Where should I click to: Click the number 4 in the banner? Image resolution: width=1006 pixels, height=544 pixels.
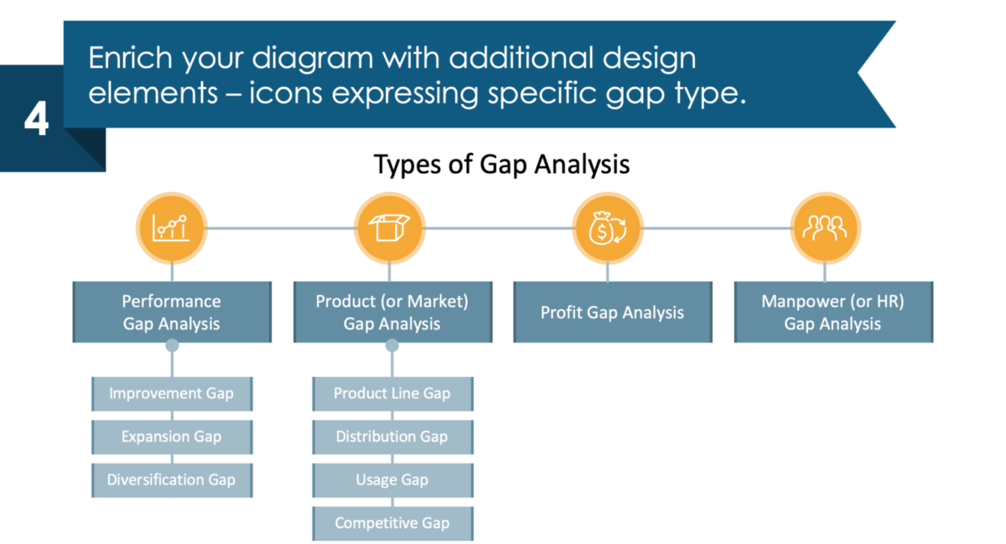click(x=36, y=121)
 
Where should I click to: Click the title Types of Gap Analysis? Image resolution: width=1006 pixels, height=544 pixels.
click(x=501, y=164)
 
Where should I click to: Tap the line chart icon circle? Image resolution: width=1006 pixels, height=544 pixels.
click(x=171, y=228)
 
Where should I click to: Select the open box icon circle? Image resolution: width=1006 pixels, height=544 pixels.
click(x=390, y=228)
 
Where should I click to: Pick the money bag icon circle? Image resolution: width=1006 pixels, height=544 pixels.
click(x=607, y=228)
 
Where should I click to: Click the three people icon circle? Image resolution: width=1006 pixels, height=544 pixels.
click(x=825, y=228)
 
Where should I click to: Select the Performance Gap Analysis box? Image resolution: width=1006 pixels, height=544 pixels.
click(x=172, y=312)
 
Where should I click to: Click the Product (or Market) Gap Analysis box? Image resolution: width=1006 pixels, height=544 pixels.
click(x=392, y=312)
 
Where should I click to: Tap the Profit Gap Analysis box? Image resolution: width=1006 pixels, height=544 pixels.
click(x=612, y=313)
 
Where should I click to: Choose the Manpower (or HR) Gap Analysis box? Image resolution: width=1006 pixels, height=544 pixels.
click(x=832, y=312)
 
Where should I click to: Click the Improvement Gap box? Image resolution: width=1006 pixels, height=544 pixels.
click(x=171, y=393)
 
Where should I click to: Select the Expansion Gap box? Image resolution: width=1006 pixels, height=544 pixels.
click(x=171, y=437)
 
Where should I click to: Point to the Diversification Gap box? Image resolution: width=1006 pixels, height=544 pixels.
click(x=171, y=480)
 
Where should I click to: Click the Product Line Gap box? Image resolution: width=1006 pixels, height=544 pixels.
click(x=392, y=393)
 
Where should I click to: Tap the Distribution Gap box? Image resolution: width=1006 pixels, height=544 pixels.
click(x=392, y=437)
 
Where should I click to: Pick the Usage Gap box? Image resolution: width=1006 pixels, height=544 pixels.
click(x=392, y=480)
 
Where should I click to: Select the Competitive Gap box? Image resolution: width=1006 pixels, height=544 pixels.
click(x=392, y=523)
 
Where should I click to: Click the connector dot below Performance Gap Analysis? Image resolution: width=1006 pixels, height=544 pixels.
click(x=172, y=345)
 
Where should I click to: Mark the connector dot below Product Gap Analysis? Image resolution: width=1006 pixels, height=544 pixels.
click(x=392, y=345)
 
